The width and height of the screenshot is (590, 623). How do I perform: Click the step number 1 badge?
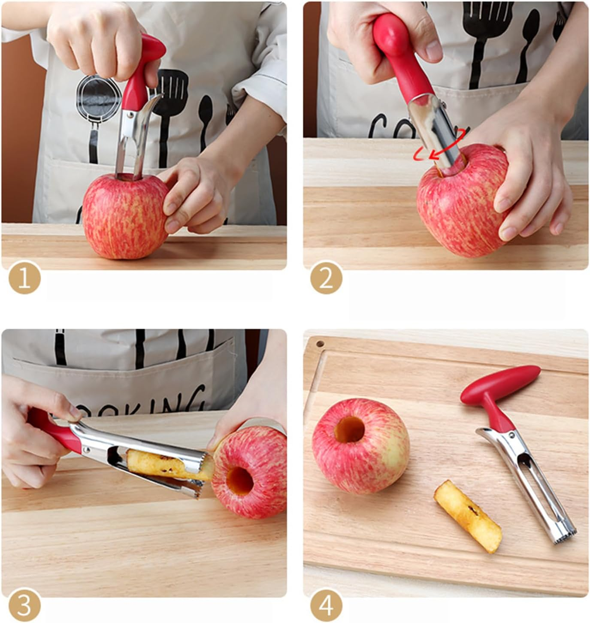[24, 278]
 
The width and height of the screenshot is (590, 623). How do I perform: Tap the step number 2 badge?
[326, 278]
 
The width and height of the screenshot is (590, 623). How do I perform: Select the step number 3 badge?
[24, 606]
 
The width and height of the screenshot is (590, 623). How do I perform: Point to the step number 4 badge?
[326, 606]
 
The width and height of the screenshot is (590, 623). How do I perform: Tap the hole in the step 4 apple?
[350, 429]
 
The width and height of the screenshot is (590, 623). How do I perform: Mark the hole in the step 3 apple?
[240, 481]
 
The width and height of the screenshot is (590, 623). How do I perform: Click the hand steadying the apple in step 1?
[197, 193]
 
